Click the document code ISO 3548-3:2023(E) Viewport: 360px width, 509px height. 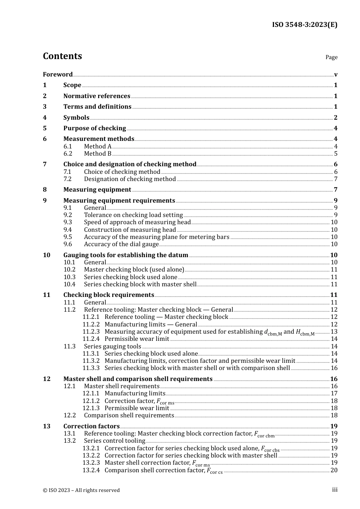pos(304,25)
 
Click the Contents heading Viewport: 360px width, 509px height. pos(62,56)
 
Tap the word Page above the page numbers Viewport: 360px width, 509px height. pos(331,57)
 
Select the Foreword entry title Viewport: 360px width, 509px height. pos(58,75)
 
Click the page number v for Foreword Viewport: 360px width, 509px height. pos(336,75)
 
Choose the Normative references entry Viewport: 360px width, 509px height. pos(97,96)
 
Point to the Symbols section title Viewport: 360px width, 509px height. pos(76,118)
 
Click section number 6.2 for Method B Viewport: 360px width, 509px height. pos(68,154)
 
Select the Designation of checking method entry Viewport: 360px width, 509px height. pos(130,179)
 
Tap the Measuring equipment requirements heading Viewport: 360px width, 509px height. pos(119,201)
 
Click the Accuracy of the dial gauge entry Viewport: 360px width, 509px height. pos(121,244)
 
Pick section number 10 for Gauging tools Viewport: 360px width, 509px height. pos(47,255)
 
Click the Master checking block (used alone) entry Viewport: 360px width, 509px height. pos(134,270)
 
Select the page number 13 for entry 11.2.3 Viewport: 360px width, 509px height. pos(334,332)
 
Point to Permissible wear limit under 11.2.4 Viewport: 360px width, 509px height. pos(137,339)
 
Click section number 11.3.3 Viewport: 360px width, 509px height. pos(91,368)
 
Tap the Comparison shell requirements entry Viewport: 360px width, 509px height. pos(129,415)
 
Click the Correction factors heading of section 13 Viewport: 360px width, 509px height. pos(91,426)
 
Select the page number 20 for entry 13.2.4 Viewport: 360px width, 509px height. pos(334,470)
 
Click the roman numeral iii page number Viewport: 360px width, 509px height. pos(335,490)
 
